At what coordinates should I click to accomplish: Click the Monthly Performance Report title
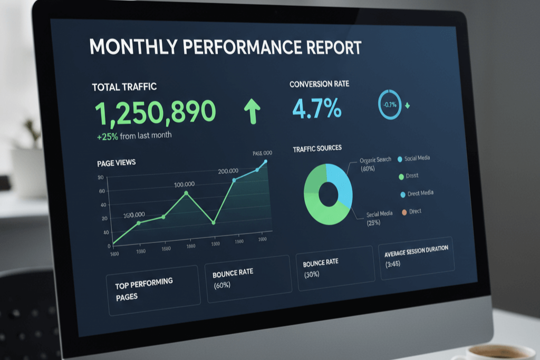226,47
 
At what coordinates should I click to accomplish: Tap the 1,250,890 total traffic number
156,112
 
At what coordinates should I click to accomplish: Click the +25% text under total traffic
108,136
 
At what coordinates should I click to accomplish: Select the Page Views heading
117,163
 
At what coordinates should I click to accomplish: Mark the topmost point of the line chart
265,162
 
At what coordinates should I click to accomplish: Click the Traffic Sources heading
317,149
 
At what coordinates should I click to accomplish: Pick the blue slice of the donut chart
341,184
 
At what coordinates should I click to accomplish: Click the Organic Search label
375,160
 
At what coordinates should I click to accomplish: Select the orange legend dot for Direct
404,212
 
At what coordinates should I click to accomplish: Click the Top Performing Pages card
153,289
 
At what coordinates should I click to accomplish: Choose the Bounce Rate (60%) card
248,278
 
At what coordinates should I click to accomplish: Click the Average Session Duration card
416,257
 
